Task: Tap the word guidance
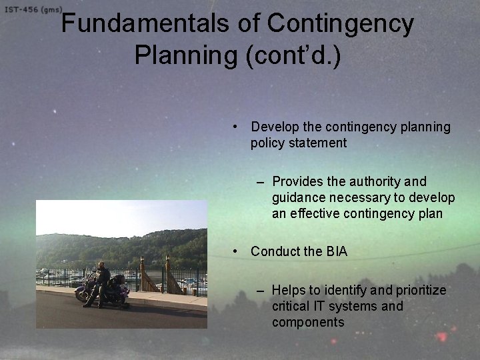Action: pos(298,197)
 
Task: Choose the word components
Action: pos(308,322)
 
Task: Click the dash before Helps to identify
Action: pos(259,290)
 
